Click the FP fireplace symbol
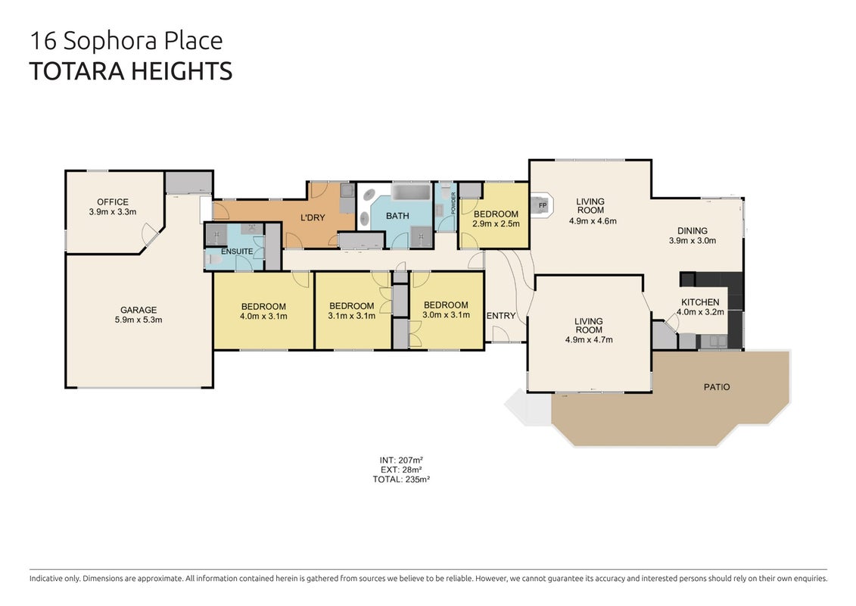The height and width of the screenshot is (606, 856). click(x=542, y=205)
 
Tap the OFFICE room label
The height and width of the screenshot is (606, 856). click(x=113, y=202)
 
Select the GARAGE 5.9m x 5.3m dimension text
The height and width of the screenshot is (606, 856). click(x=138, y=320)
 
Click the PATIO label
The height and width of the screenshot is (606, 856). click(x=716, y=387)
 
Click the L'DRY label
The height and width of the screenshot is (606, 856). click(x=313, y=217)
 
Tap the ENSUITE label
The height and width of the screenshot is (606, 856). click(x=237, y=251)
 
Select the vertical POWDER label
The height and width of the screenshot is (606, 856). click(x=453, y=203)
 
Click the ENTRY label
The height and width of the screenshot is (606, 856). click(x=500, y=316)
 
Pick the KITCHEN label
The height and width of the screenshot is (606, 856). click(x=700, y=302)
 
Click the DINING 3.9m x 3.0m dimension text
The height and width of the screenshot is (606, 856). click(x=693, y=240)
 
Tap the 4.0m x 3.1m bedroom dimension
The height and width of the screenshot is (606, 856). click(x=263, y=316)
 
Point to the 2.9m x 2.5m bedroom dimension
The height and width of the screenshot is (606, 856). click(x=496, y=223)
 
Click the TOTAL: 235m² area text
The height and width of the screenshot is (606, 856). click(x=401, y=479)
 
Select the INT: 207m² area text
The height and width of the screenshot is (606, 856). click(x=401, y=460)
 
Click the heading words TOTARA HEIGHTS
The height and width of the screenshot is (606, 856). click(x=130, y=71)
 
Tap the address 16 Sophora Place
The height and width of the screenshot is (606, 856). click(x=126, y=41)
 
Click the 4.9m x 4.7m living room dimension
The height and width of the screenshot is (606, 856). click(x=589, y=339)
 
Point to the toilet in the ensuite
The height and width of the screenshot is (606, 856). click(x=213, y=260)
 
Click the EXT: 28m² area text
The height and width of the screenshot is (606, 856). click(x=401, y=470)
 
